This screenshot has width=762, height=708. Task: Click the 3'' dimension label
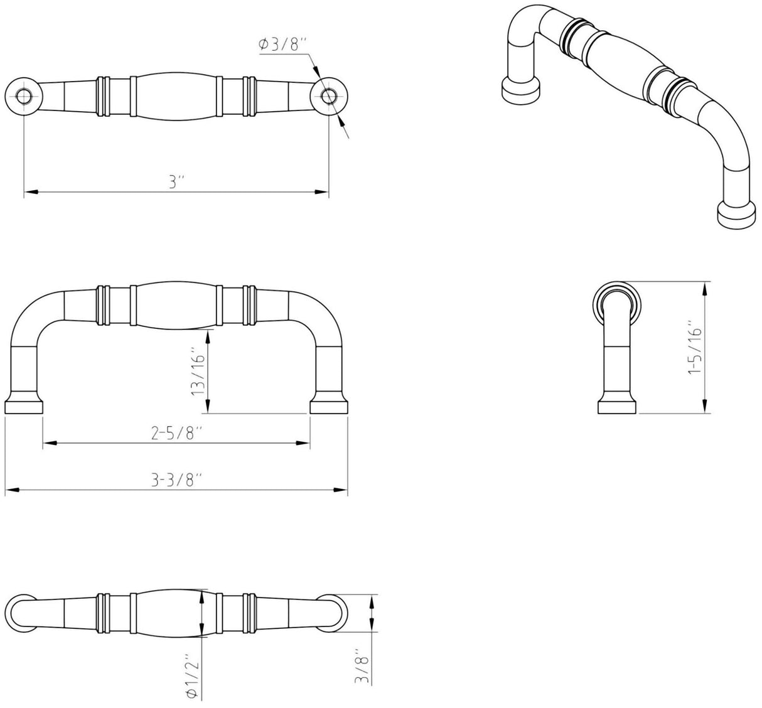tap(177, 181)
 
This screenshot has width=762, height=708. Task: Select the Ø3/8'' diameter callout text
tap(283, 44)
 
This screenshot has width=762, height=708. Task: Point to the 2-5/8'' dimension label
tap(176, 434)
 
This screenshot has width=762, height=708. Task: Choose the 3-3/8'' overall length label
tap(176, 480)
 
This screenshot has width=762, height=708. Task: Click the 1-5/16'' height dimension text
tap(695, 351)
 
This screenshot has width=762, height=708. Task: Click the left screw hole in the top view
tap(24, 96)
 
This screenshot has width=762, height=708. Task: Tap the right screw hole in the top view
tap(328, 96)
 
